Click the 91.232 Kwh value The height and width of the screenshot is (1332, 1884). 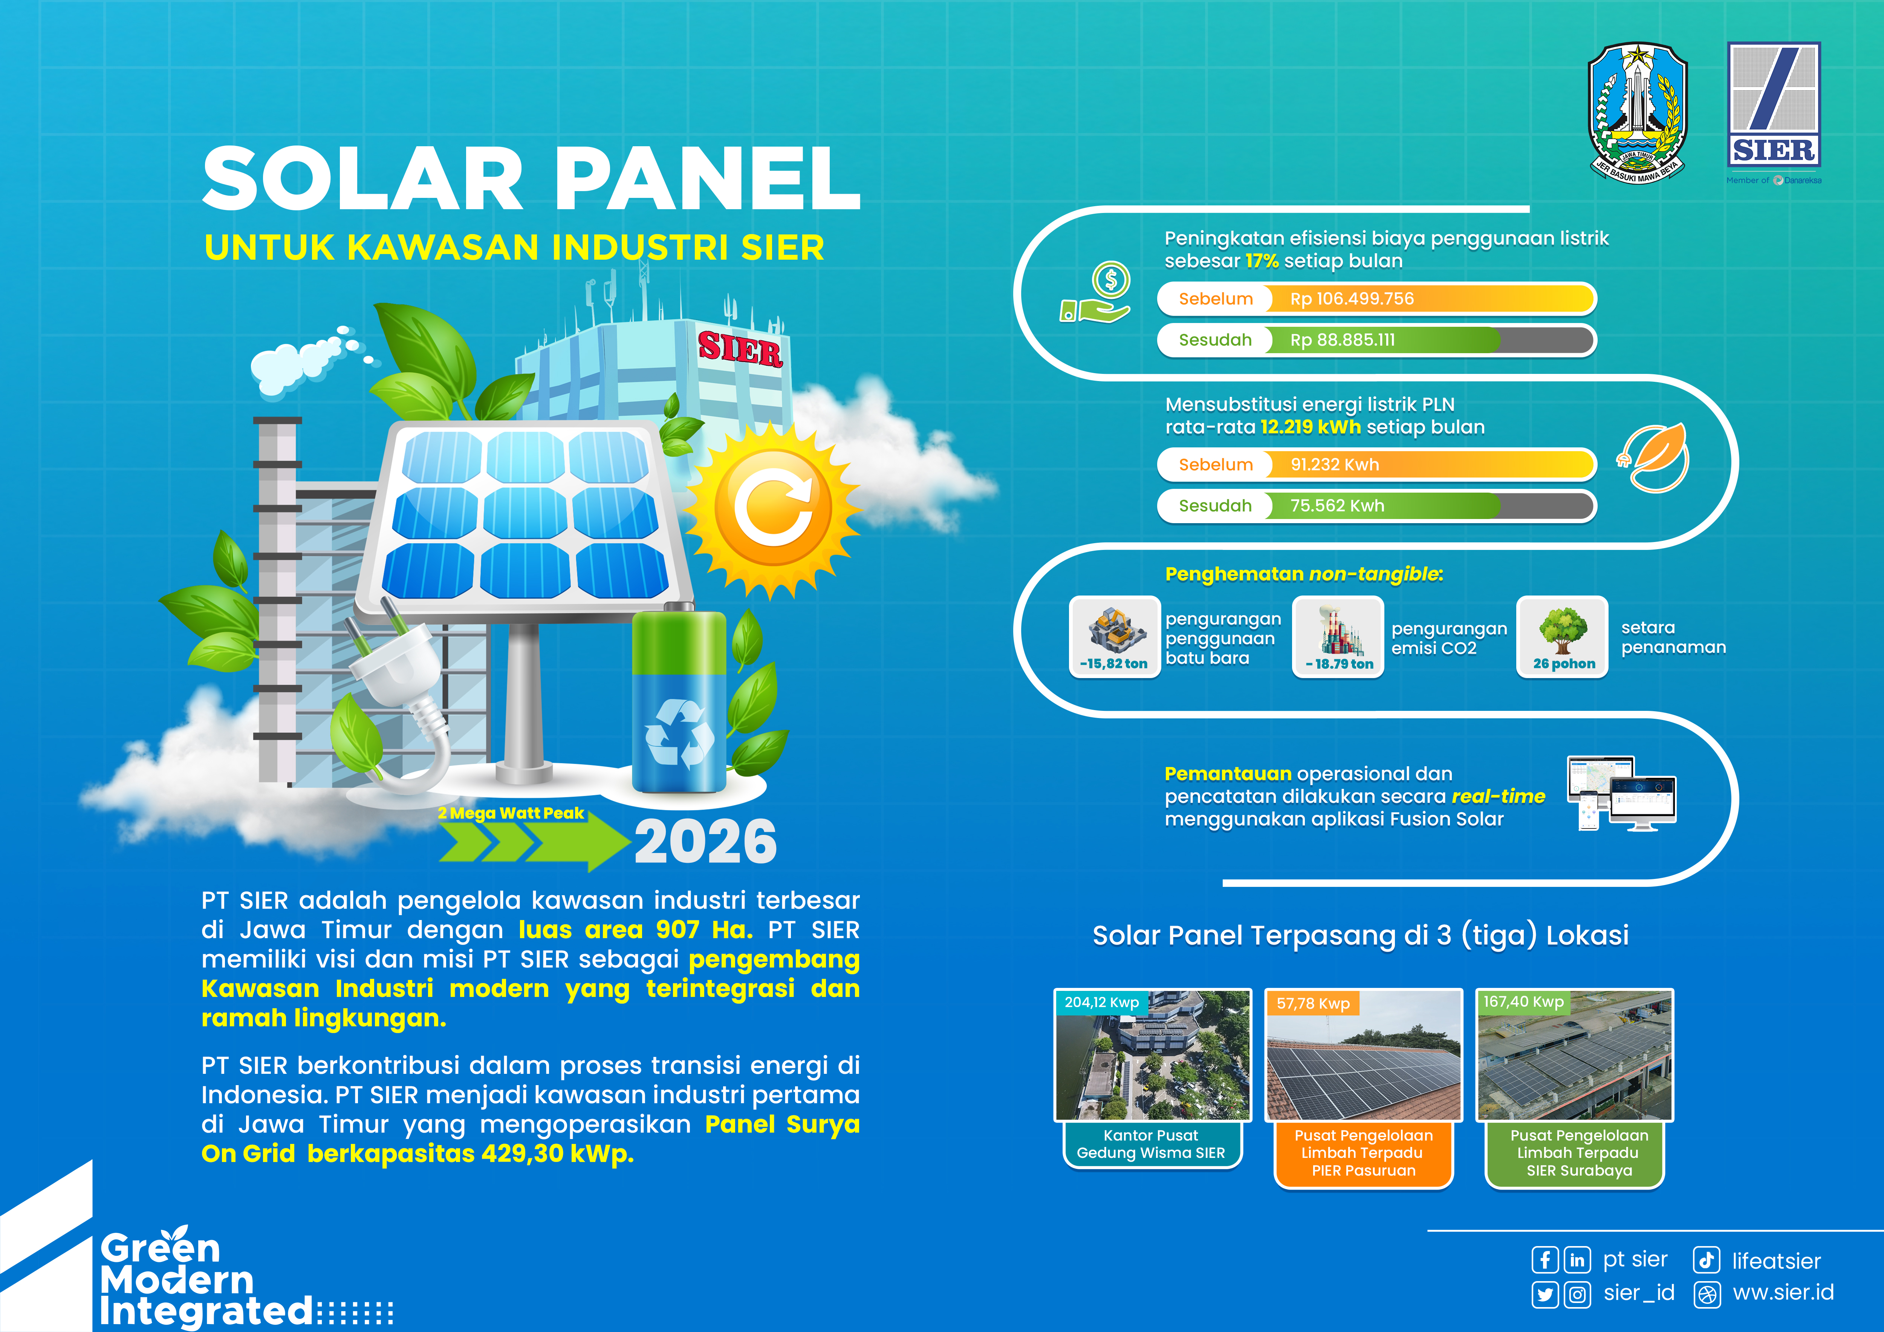pyautogui.click(x=1334, y=464)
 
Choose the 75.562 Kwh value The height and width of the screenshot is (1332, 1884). pyautogui.click(x=1337, y=505)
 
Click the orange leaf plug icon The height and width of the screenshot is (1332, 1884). pyautogui.click(x=1653, y=458)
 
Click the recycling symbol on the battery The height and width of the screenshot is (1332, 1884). pyautogui.click(x=679, y=733)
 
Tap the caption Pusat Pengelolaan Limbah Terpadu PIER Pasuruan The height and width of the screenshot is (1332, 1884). pyautogui.click(x=1364, y=1153)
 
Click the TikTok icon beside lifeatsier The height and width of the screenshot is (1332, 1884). pyautogui.click(x=1707, y=1260)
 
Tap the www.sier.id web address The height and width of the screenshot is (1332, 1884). pyautogui.click(x=1783, y=1292)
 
